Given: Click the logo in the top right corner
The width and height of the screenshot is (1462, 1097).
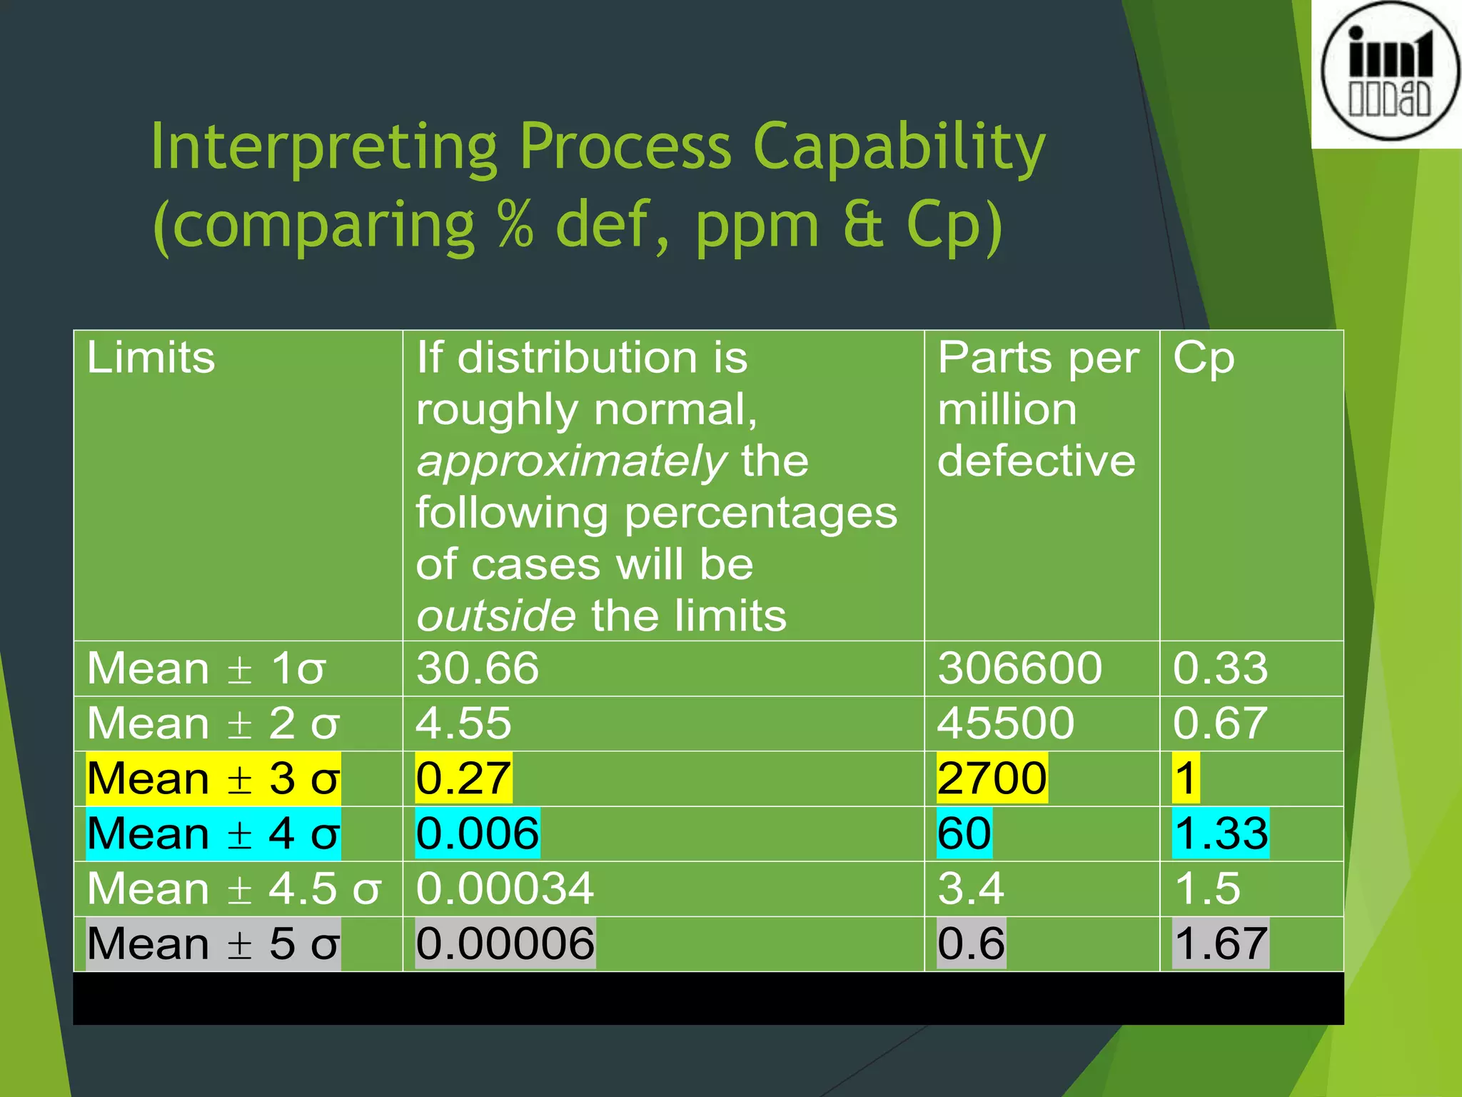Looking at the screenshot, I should pos(1389,71).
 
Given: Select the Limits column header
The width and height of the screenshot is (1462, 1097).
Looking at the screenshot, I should pos(151,357).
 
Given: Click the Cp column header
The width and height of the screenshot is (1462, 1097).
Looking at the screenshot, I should pos(1204,357).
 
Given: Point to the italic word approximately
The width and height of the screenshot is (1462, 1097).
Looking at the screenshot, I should pos(571,461).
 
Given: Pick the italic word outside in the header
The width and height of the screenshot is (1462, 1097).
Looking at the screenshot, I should pos(495,616).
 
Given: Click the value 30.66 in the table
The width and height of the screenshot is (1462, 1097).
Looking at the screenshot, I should pos(478,668).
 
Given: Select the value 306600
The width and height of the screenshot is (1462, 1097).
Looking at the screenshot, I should pos(1019,668).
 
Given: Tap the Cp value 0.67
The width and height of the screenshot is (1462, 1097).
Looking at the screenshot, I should pos(1220,723).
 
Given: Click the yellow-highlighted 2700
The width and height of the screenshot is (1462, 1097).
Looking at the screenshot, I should pos(992,778).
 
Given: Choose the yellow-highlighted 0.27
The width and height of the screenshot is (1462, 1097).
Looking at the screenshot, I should pos(463,778).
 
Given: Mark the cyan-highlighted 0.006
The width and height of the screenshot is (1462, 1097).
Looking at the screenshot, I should pos(478,833).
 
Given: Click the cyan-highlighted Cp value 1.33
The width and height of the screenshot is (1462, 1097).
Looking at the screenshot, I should pos(1221,833).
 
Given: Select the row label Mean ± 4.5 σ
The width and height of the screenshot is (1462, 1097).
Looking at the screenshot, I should pos(234,888).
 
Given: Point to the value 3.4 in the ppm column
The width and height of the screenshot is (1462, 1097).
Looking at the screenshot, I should pos(971,888).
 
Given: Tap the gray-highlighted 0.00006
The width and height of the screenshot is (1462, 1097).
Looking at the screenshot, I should pos(505,943).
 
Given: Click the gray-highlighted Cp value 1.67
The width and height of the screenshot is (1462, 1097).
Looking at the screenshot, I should pos(1221,943).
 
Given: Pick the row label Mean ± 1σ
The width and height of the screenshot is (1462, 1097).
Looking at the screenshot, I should pos(206,668).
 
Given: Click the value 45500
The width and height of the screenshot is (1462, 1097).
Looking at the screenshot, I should pos(1006,723).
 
